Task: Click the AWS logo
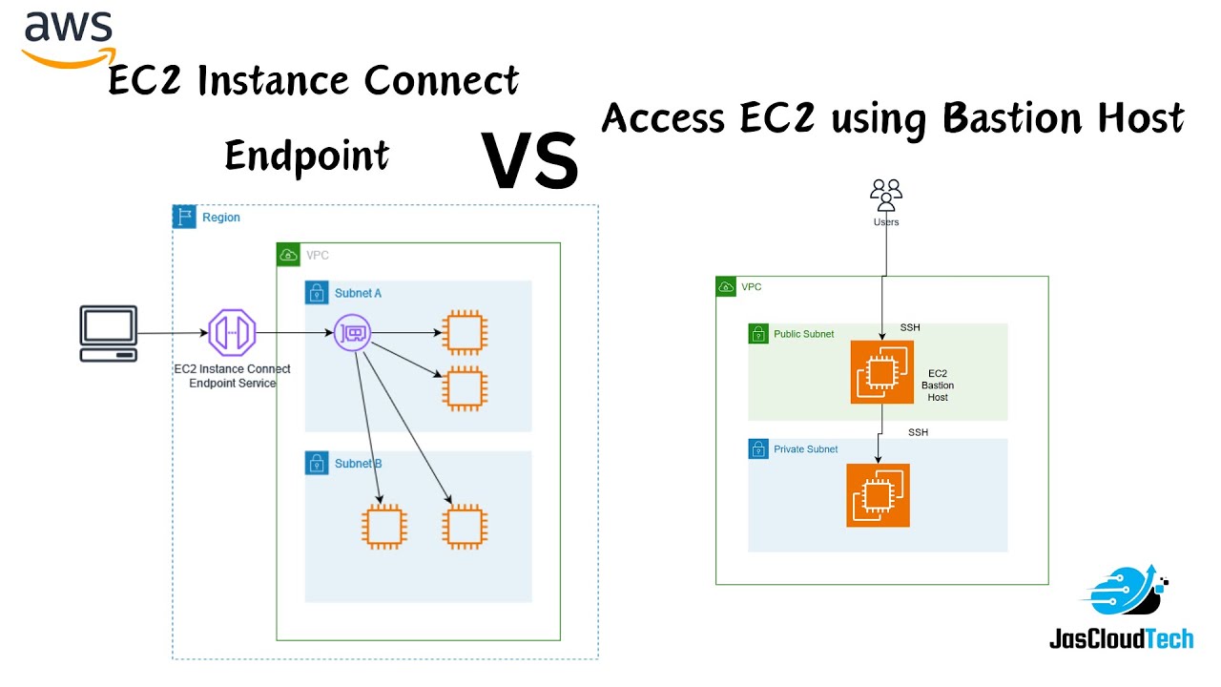coord(68,38)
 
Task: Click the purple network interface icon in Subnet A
coord(352,334)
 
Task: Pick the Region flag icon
coord(184,217)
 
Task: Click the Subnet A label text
coord(358,293)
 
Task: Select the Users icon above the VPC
coord(886,197)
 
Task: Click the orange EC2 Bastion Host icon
coord(881,372)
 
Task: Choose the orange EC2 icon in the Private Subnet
coord(878,495)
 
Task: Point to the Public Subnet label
coord(803,335)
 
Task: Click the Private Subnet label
coord(805,449)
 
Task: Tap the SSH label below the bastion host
coord(918,432)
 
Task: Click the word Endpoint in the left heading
coord(306,156)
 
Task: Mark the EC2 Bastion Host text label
coord(937,385)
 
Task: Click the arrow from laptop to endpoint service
coord(172,334)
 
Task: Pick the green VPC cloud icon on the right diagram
coord(726,286)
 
